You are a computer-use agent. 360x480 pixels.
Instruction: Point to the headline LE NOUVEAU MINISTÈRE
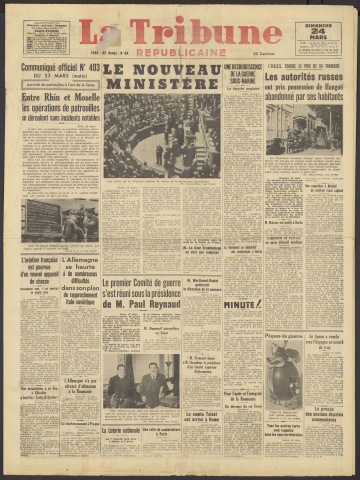(161, 76)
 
